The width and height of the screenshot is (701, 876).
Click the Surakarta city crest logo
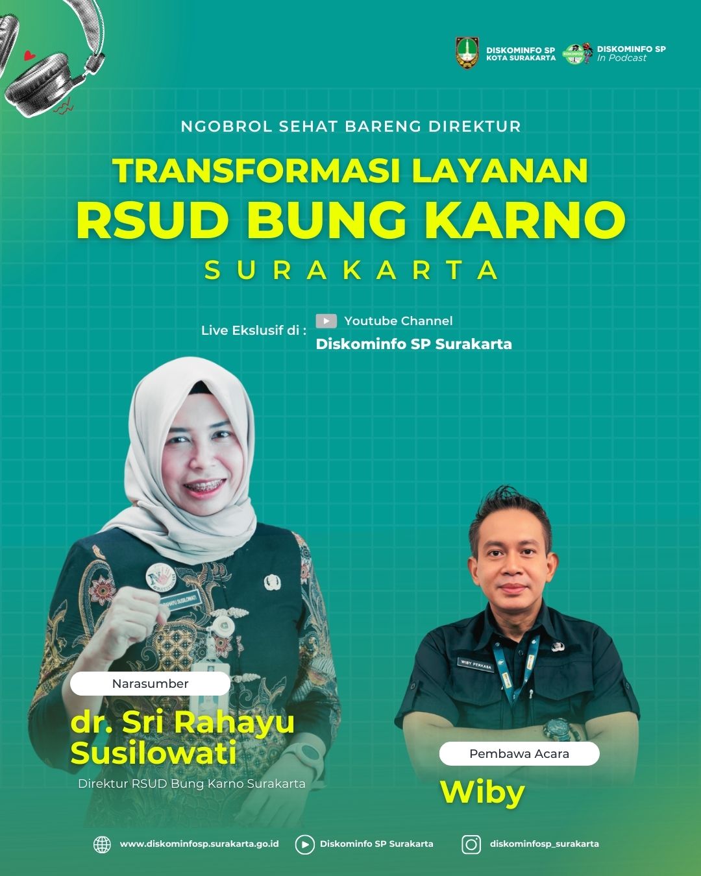pos(467,53)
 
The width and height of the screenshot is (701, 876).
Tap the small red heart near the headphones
pos(29,55)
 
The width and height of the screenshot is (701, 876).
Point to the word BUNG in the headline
pos(326,219)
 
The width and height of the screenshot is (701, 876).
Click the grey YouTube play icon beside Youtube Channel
pos(326,321)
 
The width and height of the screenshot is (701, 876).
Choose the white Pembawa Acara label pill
pos(519,753)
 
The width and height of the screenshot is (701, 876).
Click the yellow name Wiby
pos(483,793)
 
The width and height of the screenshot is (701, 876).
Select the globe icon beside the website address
pos(103,844)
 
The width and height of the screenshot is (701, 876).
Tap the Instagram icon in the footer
pos(471,844)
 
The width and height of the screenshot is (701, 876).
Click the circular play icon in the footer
pos(304,845)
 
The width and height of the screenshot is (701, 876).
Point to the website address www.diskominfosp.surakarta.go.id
pos(199,844)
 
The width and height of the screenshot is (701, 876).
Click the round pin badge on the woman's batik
pos(162,576)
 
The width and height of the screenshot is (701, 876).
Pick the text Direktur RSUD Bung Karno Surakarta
pos(191,784)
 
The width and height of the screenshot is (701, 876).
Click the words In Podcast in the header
pos(622,58)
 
